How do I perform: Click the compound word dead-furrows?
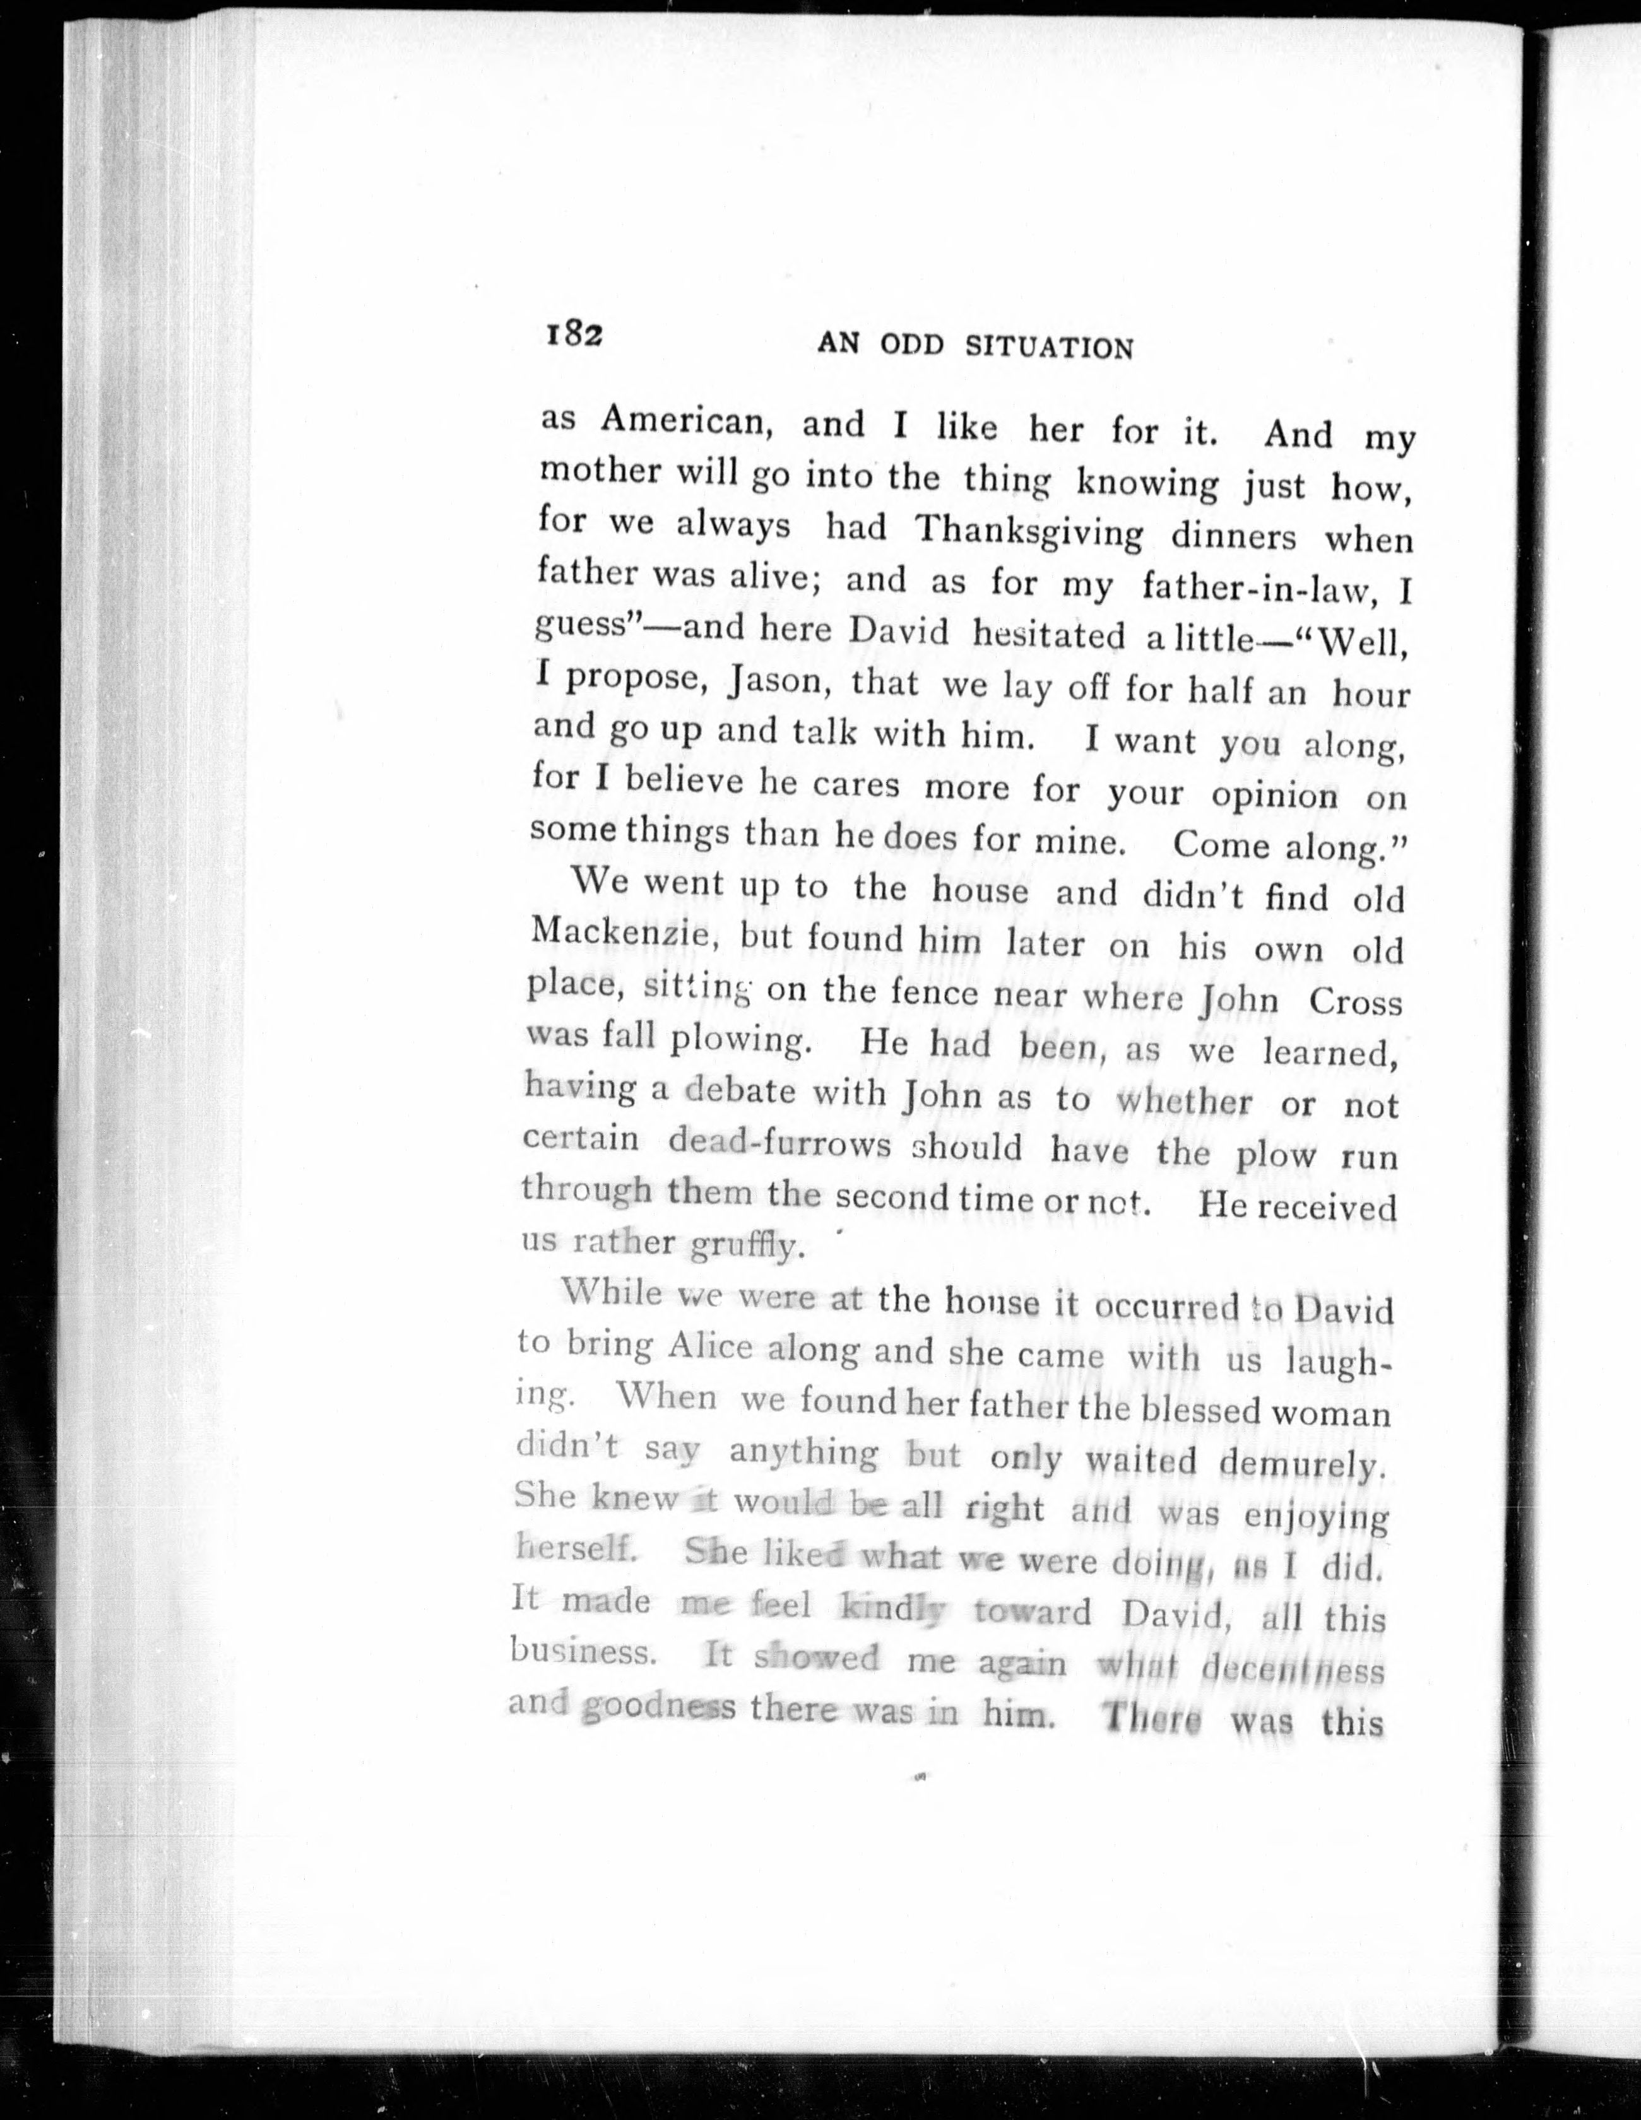pos(779,1143)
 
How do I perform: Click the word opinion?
pos(1273,794)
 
